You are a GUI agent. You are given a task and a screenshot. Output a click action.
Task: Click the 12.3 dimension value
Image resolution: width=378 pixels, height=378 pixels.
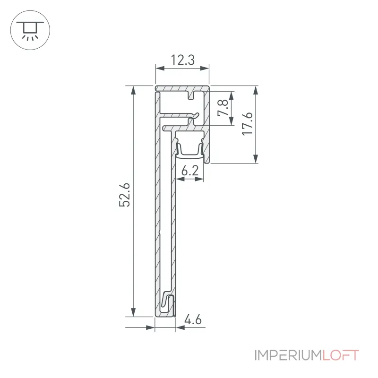coord(182,60)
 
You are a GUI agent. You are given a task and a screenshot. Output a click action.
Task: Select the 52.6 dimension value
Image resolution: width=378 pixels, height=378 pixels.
coord(125,195)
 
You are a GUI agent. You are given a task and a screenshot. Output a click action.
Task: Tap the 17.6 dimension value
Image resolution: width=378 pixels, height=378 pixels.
coord(247,124)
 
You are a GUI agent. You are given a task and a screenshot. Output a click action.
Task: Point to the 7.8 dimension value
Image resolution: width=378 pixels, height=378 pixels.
coord(223,108)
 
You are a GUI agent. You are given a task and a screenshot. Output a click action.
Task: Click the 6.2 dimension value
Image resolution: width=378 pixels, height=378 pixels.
coord(190,171)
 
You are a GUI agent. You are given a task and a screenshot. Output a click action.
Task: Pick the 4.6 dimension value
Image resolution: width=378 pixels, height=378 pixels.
coord(193,320)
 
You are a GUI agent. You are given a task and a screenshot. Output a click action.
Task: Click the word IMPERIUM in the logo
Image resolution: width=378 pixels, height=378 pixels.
coord(288,355)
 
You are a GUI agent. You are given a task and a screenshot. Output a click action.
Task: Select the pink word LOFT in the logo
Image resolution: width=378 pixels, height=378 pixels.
coord(341,355)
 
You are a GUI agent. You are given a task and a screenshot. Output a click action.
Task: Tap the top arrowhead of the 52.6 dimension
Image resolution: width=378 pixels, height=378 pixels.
coord(133,90)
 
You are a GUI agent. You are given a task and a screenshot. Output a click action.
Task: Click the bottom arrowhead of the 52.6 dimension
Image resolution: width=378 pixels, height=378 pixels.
coord(133,312)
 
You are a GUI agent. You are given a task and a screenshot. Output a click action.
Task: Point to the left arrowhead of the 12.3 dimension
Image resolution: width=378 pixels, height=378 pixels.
coord(160,69)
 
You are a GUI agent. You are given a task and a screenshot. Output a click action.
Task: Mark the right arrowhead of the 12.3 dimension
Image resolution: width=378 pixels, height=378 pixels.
coord(205,69)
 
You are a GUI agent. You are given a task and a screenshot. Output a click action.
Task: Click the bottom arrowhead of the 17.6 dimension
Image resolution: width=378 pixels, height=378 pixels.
coord(256,159)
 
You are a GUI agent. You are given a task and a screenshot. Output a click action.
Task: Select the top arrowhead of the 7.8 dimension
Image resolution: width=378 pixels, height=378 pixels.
coord(231,96)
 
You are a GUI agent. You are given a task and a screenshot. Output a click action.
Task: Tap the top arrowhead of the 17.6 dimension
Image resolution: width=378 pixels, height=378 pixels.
coord(256,90)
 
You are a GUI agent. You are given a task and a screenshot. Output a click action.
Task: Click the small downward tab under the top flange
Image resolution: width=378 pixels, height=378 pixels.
coord(192,95)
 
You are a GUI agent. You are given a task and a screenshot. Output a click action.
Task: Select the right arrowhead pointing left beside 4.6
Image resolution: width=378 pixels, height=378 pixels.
coord(180,327)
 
